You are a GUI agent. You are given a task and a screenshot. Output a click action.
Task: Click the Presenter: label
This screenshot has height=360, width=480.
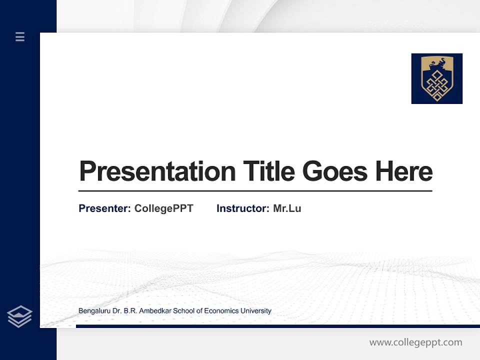point(104,208)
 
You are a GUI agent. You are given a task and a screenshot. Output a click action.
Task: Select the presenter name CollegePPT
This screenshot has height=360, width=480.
point(163,208)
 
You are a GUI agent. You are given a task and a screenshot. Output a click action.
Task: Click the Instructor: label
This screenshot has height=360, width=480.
point(242,208)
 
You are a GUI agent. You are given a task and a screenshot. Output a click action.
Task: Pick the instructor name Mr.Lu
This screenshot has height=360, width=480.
point(287,208)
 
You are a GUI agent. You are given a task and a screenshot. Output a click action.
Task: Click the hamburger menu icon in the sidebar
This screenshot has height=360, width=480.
point(20,36)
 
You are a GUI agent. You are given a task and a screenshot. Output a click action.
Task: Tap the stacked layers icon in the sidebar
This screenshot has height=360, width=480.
point(19,316)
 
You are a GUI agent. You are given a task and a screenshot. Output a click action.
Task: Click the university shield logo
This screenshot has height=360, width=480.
point(436,78)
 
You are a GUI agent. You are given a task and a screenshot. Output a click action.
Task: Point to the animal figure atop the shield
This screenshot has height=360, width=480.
point(436,63)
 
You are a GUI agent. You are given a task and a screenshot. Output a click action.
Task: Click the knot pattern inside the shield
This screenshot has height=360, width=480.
point(436,83)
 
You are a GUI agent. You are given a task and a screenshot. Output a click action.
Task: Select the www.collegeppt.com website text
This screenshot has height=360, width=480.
point(415,342)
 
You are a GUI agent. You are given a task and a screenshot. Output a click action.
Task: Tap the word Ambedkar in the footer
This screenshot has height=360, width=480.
point(154,311)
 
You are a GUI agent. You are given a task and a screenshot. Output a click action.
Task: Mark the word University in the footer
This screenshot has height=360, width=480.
point(256,311)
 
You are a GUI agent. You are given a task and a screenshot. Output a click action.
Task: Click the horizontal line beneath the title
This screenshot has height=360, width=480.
point(255,191)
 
